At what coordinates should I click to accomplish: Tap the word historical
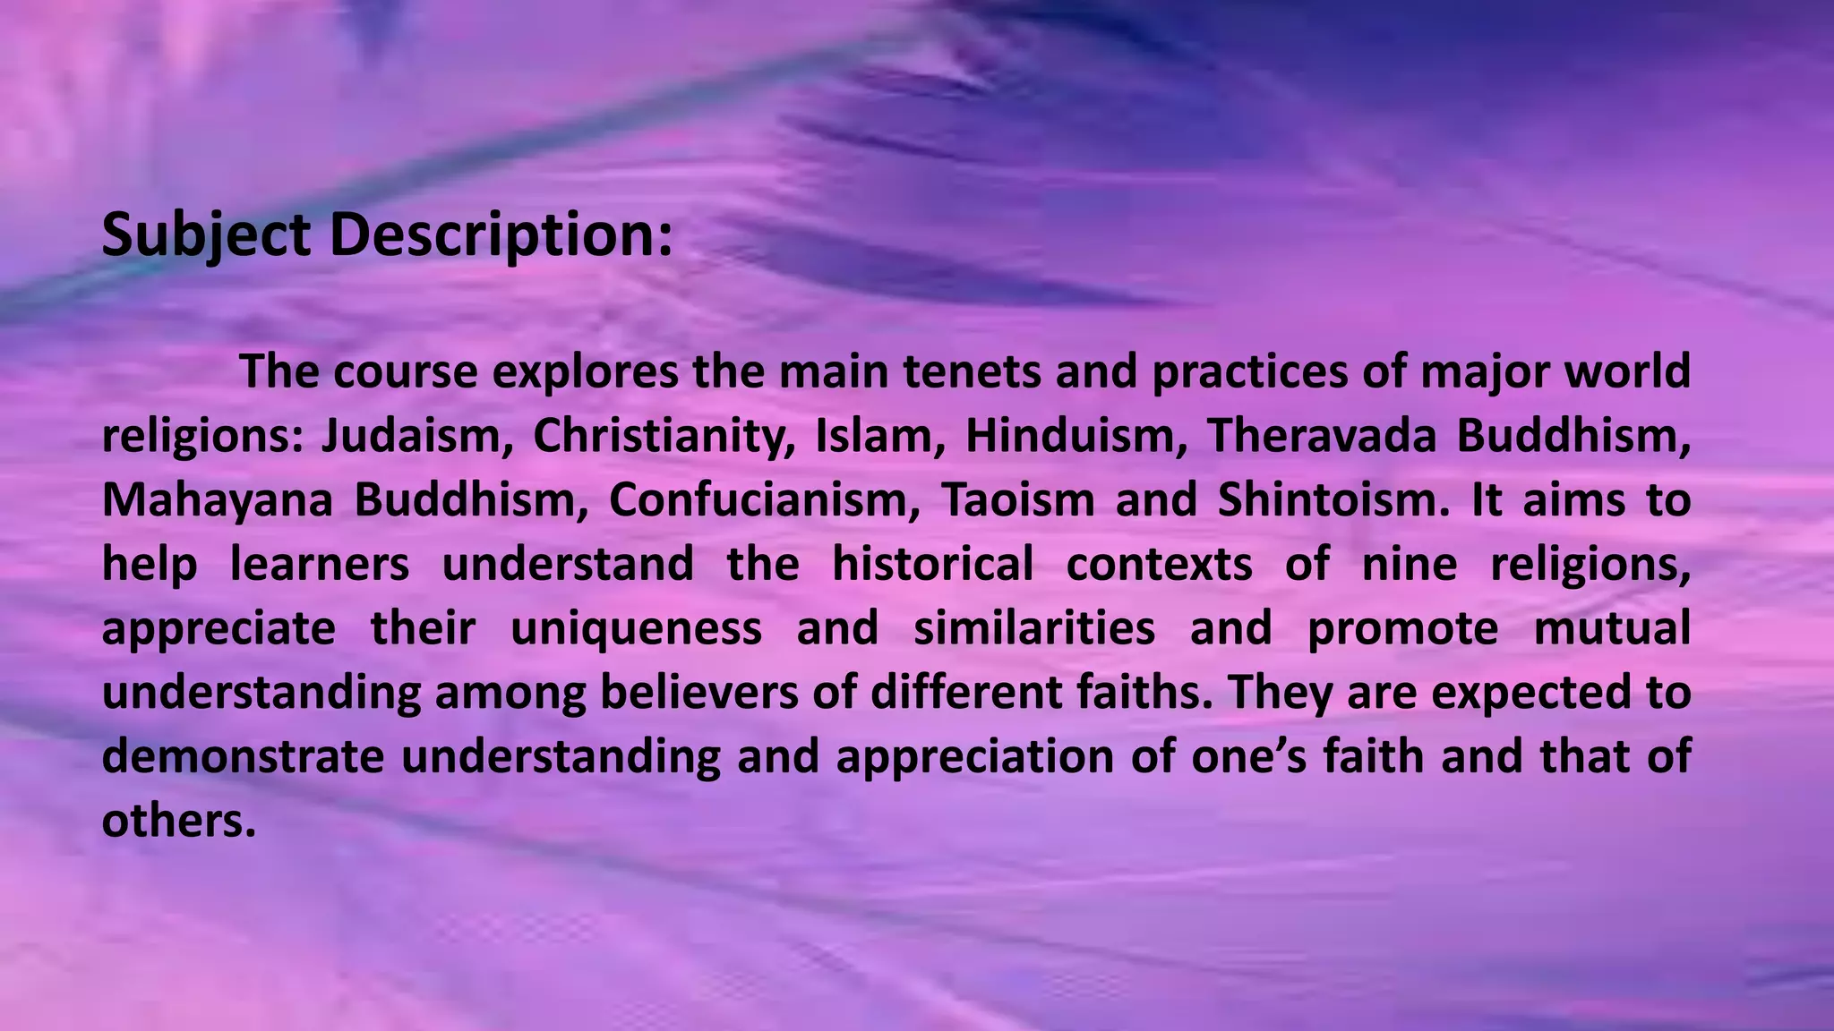coord(932,565)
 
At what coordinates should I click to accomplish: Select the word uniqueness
coord(636,628)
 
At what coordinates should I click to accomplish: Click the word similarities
coord(1034,628)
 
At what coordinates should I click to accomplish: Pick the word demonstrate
coord(243,757)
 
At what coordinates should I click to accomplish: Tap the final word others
coord(178,822)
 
